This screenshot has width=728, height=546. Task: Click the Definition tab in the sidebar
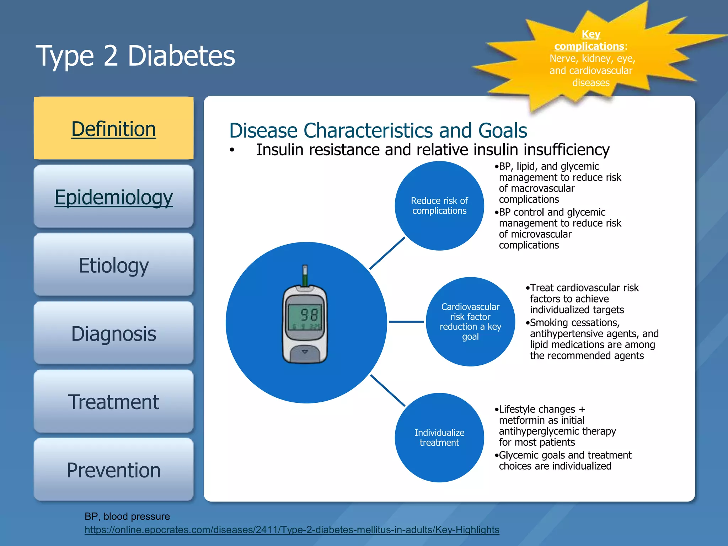114,128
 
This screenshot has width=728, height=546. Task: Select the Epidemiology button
114,197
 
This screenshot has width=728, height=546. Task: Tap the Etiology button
114,265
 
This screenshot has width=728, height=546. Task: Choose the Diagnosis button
114,333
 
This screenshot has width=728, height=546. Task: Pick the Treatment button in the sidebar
114,402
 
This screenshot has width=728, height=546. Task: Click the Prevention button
114,470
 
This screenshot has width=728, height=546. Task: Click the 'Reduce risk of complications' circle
439,206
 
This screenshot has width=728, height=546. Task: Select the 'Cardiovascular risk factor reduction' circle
470,321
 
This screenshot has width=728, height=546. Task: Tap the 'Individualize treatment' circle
439,438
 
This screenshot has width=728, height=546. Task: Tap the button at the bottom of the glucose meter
305,353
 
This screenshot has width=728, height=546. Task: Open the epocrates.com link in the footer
292,530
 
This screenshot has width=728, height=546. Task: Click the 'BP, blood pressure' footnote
127,516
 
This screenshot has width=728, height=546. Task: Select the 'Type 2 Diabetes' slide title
135,56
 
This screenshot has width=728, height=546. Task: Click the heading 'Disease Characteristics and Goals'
378,130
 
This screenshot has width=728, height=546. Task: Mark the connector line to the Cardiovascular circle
406,322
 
